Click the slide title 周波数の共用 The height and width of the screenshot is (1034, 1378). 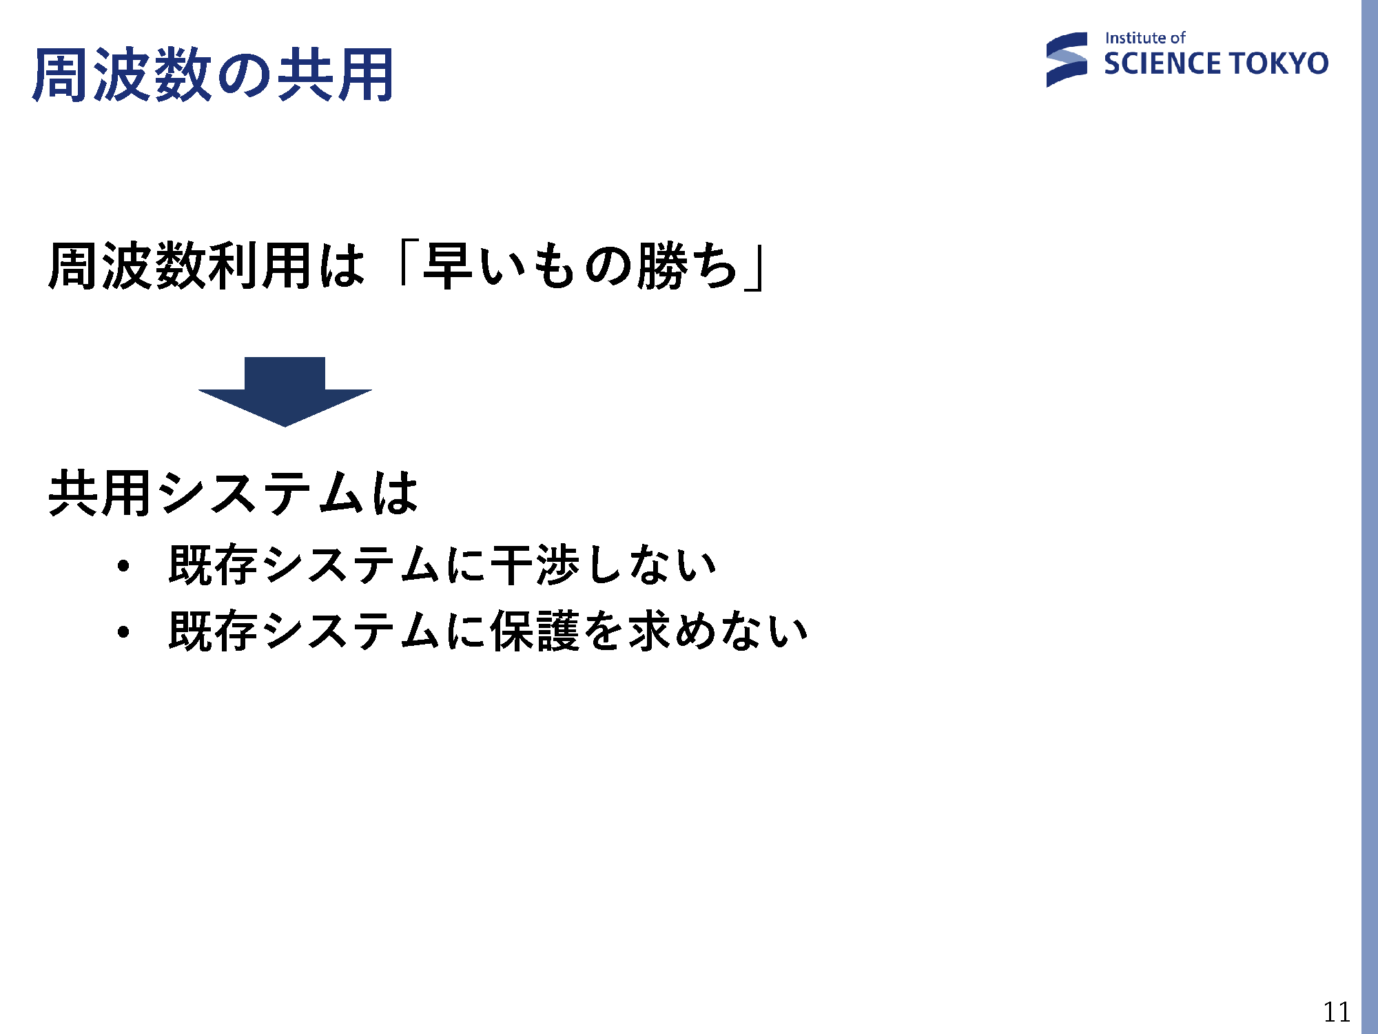[213, 74]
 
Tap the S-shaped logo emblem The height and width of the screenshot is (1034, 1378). [1067, 60]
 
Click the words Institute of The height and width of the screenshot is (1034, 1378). [1144, 38]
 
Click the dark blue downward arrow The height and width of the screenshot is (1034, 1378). [285, 392]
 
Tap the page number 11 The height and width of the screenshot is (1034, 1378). [1337, 1012]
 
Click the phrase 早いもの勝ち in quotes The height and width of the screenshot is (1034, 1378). [580, 265]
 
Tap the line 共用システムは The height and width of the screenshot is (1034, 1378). [234, 493]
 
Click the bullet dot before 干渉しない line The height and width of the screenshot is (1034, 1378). [123, 567]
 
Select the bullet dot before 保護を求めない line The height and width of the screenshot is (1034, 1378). [123, 631]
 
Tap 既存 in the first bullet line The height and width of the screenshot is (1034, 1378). [213, 565]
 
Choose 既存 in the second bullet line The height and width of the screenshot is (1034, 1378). [213, 630]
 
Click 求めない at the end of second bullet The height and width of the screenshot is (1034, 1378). [718, 630]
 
